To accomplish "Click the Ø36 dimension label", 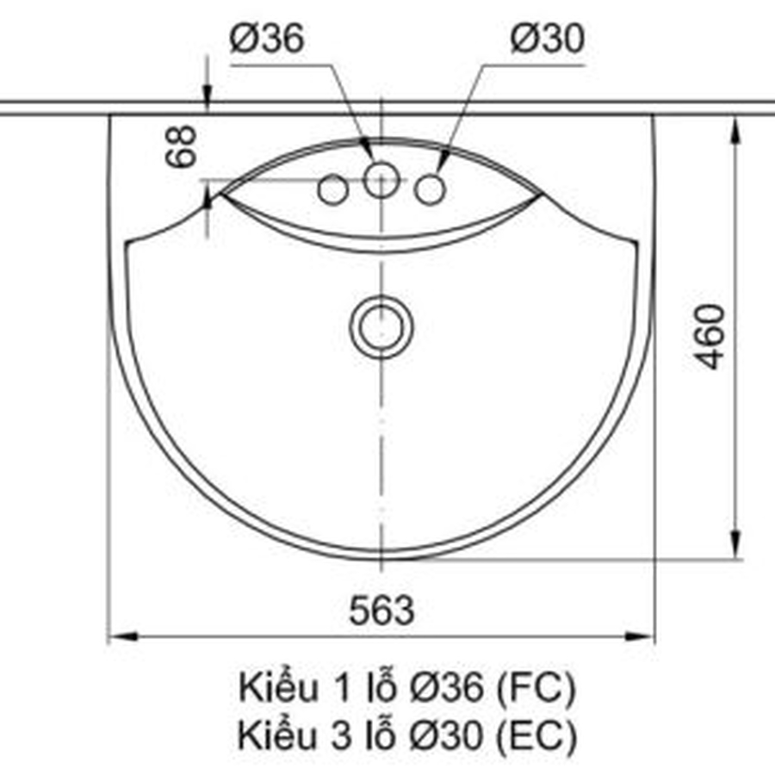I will pos(266,40).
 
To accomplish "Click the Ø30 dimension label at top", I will pos(547,40).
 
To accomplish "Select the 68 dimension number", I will pos(183,146).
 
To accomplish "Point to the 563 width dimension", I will pos(381,611).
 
